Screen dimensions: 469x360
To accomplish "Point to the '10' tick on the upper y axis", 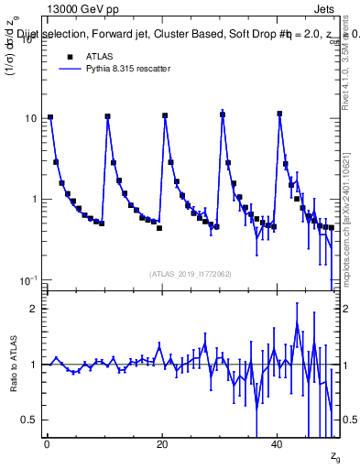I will pos(31,119).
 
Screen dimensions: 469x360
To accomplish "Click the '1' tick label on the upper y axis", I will pos(35,199).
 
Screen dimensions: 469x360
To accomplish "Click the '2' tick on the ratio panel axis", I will pos(35,309).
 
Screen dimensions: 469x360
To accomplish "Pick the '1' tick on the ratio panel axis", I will pos(35,365).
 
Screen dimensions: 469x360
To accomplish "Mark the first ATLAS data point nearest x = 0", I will pos(50,117).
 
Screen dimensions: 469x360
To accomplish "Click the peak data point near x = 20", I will pos(165,115).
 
